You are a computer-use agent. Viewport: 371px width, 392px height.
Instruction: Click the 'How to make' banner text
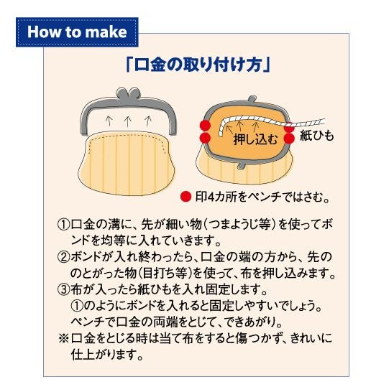click(77, 32)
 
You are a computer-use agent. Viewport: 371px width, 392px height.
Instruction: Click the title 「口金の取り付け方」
click(198, 65)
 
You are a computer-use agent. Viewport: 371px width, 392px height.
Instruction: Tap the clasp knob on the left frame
click(128, 93)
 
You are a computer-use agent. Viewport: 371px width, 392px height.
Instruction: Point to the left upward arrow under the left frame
click(109, 121)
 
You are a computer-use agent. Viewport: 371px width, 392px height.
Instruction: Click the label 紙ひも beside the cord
click(316, 136)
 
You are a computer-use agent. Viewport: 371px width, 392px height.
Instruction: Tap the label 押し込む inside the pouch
click(255, 139)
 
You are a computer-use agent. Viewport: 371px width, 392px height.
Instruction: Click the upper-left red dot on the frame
click(205, 126)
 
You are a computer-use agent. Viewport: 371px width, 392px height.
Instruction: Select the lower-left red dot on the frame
click(205, 138)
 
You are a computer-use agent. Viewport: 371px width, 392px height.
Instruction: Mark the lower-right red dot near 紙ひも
click(289, 139)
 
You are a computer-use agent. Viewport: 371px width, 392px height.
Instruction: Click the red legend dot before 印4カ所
click(185, 197)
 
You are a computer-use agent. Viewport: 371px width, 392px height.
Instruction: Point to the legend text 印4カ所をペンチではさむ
click(262, 197)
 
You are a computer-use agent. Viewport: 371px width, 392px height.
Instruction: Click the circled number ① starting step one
click(63, 225)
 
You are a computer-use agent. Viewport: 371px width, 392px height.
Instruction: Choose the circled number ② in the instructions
click(63, 257)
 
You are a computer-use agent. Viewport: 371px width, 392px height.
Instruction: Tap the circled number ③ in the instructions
click(63, 290)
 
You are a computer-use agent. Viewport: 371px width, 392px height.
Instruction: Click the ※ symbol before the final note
click(63, 338)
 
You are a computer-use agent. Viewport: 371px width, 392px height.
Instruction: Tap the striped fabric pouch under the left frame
click(127, 163)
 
